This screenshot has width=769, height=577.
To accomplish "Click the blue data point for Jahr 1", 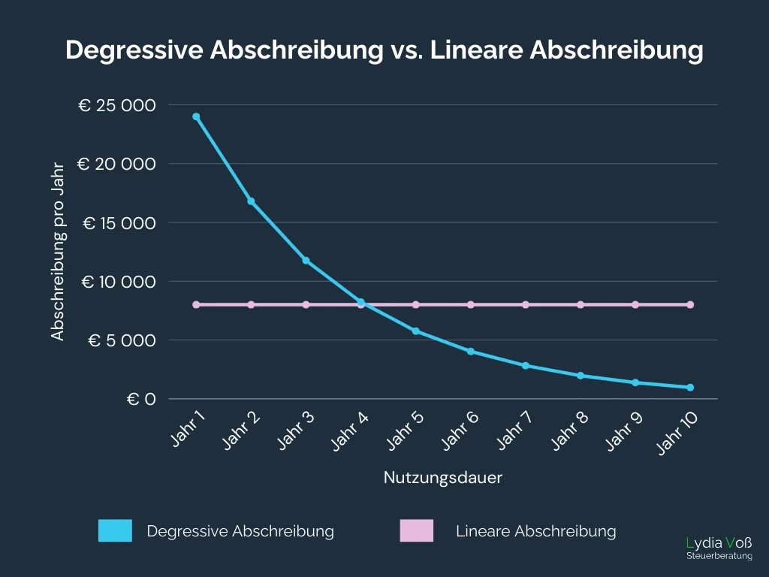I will click(x=196, y=116).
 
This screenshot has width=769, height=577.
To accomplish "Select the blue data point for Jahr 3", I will click(x=306, y=261).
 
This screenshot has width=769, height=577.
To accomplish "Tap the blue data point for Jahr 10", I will click(x=689, y=388).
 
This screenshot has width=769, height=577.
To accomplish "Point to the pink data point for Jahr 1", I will click(x=196, y=304).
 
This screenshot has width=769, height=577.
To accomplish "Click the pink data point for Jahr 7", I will click(x=526, y=304).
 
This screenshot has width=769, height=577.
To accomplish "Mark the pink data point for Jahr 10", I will click(x=689, y=304).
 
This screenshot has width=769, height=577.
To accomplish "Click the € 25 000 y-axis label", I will click(x=117, y=106).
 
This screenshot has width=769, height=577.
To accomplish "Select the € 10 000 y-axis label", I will click(x=119, y=282).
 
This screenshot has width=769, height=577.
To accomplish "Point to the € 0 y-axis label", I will click(x=140, y=399).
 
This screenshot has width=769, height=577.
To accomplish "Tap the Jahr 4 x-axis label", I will click(x=349, y=431).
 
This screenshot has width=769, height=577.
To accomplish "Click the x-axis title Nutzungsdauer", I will click(x=443, y=478).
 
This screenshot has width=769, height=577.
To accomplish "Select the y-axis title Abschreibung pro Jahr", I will click(x=59, y=252).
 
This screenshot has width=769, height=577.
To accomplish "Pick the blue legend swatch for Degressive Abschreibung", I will click(x=115, y=531).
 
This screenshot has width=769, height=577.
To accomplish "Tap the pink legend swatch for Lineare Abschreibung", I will click(x=416, y=531).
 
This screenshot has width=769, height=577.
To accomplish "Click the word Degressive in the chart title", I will click(x=134, y=50).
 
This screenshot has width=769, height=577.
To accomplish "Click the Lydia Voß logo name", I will click(x=719, y=542).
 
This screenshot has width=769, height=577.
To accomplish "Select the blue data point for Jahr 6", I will click(x=470, y=351).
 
